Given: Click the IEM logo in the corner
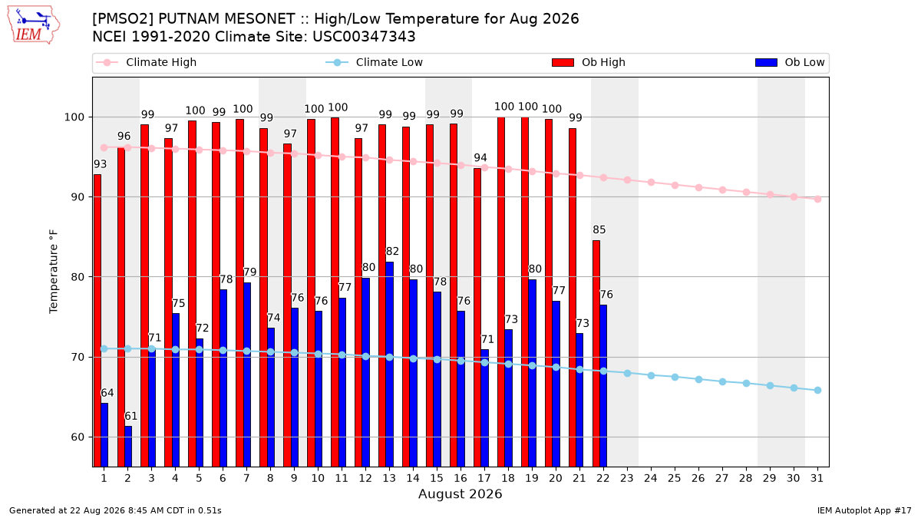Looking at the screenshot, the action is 34,25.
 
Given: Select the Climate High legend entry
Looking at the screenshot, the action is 146,62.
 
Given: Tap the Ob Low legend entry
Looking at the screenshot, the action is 790,62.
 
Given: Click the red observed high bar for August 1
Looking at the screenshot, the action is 97,321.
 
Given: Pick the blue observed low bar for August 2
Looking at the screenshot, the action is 128,447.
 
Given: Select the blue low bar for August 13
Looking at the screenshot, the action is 389,365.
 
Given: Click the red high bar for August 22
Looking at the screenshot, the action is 596,354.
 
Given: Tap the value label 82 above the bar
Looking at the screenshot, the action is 392,251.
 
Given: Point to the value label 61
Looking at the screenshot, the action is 130,416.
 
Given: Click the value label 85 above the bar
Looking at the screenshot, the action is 599,229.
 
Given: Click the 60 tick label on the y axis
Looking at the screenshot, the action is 78,437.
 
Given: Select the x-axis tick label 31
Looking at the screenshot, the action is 817,478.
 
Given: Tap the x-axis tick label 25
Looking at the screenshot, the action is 675,478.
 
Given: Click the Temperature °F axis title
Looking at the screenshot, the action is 54,272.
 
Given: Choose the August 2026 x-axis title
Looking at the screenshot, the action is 460,493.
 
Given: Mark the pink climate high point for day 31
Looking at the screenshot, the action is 818,199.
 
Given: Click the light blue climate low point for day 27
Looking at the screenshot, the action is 722,382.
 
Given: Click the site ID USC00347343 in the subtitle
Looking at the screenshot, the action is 364,37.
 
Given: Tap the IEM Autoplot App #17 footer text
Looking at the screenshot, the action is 864,510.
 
